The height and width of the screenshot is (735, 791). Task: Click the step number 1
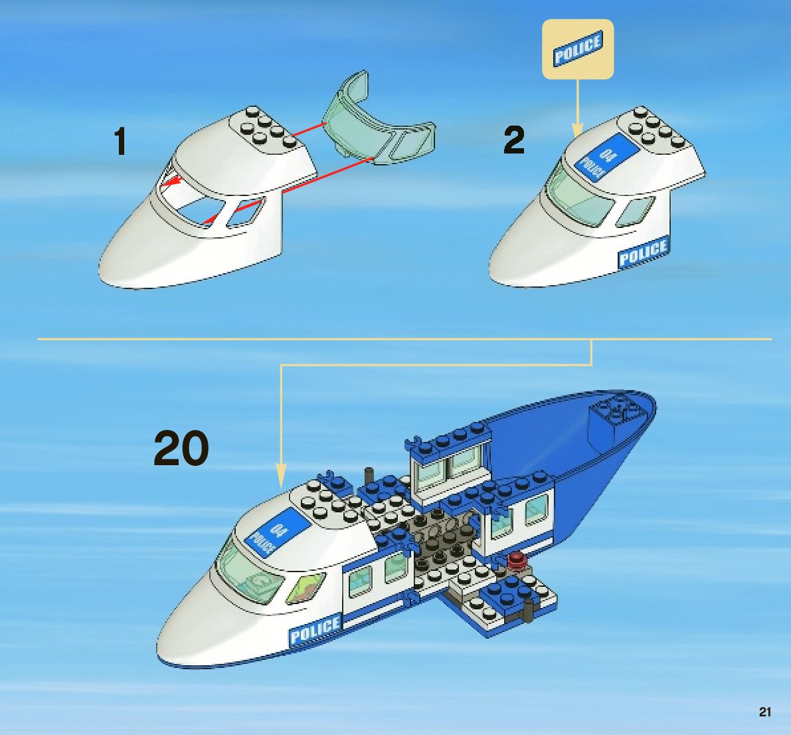click(x=120, y=142)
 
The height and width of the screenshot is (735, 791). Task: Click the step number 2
click(x=513, y=141)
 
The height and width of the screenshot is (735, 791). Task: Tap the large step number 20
click(x=181, y=449)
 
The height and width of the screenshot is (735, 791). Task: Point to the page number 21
click(x=765, y=712)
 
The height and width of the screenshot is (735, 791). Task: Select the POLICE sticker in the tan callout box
click(x=577, y=49)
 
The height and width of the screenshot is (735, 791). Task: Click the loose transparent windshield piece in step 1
click(x=377, y=121)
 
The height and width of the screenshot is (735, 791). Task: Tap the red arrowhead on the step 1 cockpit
click(x=171, y=180)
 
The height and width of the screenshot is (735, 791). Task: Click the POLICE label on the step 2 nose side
click(x=642, y=253)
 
